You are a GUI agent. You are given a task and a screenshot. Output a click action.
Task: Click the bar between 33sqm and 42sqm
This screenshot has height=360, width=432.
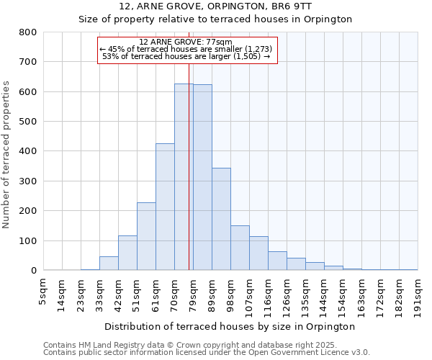coord(109,264)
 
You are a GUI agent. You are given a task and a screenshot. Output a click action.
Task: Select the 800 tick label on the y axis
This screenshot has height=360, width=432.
coord(27,32)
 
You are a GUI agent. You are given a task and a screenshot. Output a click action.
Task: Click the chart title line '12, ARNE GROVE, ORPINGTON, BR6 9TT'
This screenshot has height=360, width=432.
coord(215,6)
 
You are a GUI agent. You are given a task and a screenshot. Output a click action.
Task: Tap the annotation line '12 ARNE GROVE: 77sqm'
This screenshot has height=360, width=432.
coord(185,42)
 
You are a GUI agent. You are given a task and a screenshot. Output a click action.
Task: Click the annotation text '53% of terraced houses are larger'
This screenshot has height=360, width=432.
coord(185,56)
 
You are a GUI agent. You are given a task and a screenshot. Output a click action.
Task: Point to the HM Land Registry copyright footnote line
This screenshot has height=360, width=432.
coord(206,345)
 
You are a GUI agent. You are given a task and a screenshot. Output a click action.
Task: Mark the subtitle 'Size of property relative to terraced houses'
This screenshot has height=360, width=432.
coord(215,19)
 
